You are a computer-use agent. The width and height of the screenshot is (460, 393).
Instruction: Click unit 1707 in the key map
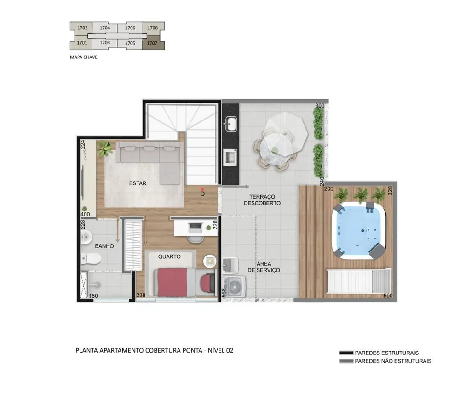pos(153,43)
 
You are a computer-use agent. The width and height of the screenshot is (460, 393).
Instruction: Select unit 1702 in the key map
pos(82,28)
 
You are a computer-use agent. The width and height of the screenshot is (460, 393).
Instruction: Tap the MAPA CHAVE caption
pos(84,57)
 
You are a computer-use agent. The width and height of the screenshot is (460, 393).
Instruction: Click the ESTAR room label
pos(138,183)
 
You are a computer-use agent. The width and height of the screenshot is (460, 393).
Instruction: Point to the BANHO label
pos(104,246)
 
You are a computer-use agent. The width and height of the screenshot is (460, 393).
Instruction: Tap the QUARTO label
pos(169,257)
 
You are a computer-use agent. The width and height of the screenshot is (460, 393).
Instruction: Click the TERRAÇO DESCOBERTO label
pos(262,200)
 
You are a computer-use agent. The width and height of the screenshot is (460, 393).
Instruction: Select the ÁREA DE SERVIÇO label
pos(264,267)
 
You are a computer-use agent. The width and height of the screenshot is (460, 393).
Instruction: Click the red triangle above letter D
pos(202,189)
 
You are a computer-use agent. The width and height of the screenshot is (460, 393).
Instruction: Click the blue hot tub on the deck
pos(359,230)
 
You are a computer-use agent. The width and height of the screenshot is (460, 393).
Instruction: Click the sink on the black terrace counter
pos(232,124)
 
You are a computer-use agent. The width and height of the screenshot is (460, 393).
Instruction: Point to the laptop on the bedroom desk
pos(195,226)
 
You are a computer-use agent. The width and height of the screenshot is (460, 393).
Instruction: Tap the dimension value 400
pos(86,215)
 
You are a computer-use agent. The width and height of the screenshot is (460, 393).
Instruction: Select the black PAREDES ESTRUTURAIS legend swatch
pos(346,353)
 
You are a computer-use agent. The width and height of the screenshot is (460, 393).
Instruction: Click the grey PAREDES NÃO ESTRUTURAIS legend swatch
pos(346,361)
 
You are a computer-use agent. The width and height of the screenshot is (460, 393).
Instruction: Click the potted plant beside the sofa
pos(104,148)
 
